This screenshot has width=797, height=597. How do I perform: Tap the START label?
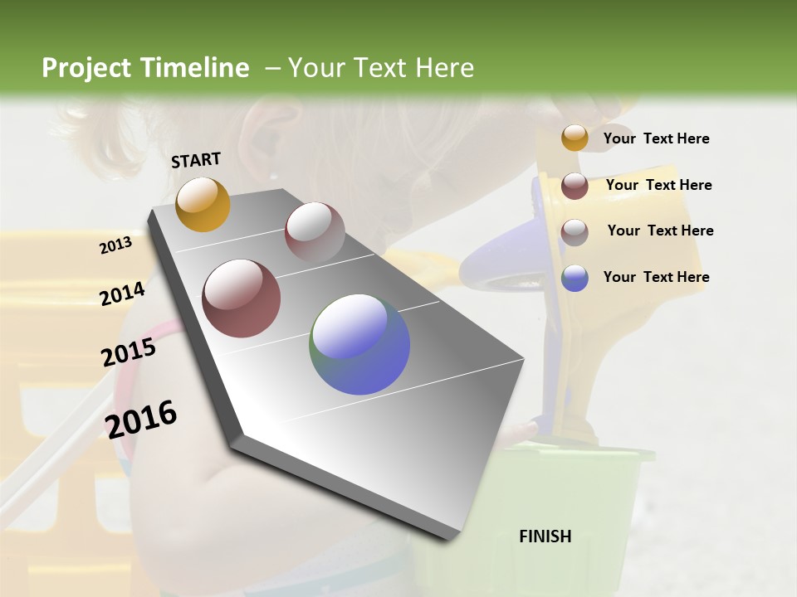click(196, 160)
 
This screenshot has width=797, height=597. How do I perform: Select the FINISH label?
click(545, 536)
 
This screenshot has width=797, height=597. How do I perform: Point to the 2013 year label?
click(115, 245)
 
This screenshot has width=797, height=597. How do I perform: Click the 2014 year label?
click(122, 294)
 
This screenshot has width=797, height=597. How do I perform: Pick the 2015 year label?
click(129, 352)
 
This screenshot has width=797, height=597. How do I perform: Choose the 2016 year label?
click(141, 418)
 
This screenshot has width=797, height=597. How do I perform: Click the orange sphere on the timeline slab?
click(203, 204)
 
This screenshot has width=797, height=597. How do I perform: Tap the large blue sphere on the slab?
click(359, 344)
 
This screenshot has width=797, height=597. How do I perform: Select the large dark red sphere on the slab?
click(241, 298)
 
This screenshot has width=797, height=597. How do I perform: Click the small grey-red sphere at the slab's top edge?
click(315, 231)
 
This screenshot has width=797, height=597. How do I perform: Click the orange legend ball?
click(575, 138)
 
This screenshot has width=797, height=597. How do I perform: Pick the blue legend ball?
click(575, 278)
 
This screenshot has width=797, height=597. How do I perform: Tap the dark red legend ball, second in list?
click(575, 186)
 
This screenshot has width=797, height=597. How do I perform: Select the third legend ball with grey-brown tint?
click(575, 232)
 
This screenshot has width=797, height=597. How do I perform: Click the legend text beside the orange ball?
click(656, 138)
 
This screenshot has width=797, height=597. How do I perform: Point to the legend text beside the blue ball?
click(656, 277)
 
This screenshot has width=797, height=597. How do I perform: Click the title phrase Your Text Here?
click(380, 68)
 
